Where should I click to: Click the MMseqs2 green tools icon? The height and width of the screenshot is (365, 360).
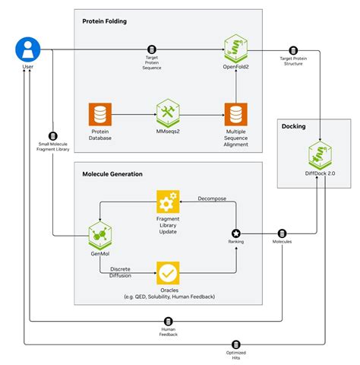pyautogui.click(x=166, y=114)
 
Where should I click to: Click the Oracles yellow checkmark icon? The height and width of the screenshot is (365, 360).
pyautogui.click(x=167, y=271)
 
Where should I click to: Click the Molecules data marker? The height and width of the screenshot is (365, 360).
pyautogui.click(x=282, y=233)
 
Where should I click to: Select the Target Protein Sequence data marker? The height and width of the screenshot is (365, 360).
pyautogui.click(x=151, y=50)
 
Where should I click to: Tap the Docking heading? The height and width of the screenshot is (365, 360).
pyautogui.click(x=293, y=126)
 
